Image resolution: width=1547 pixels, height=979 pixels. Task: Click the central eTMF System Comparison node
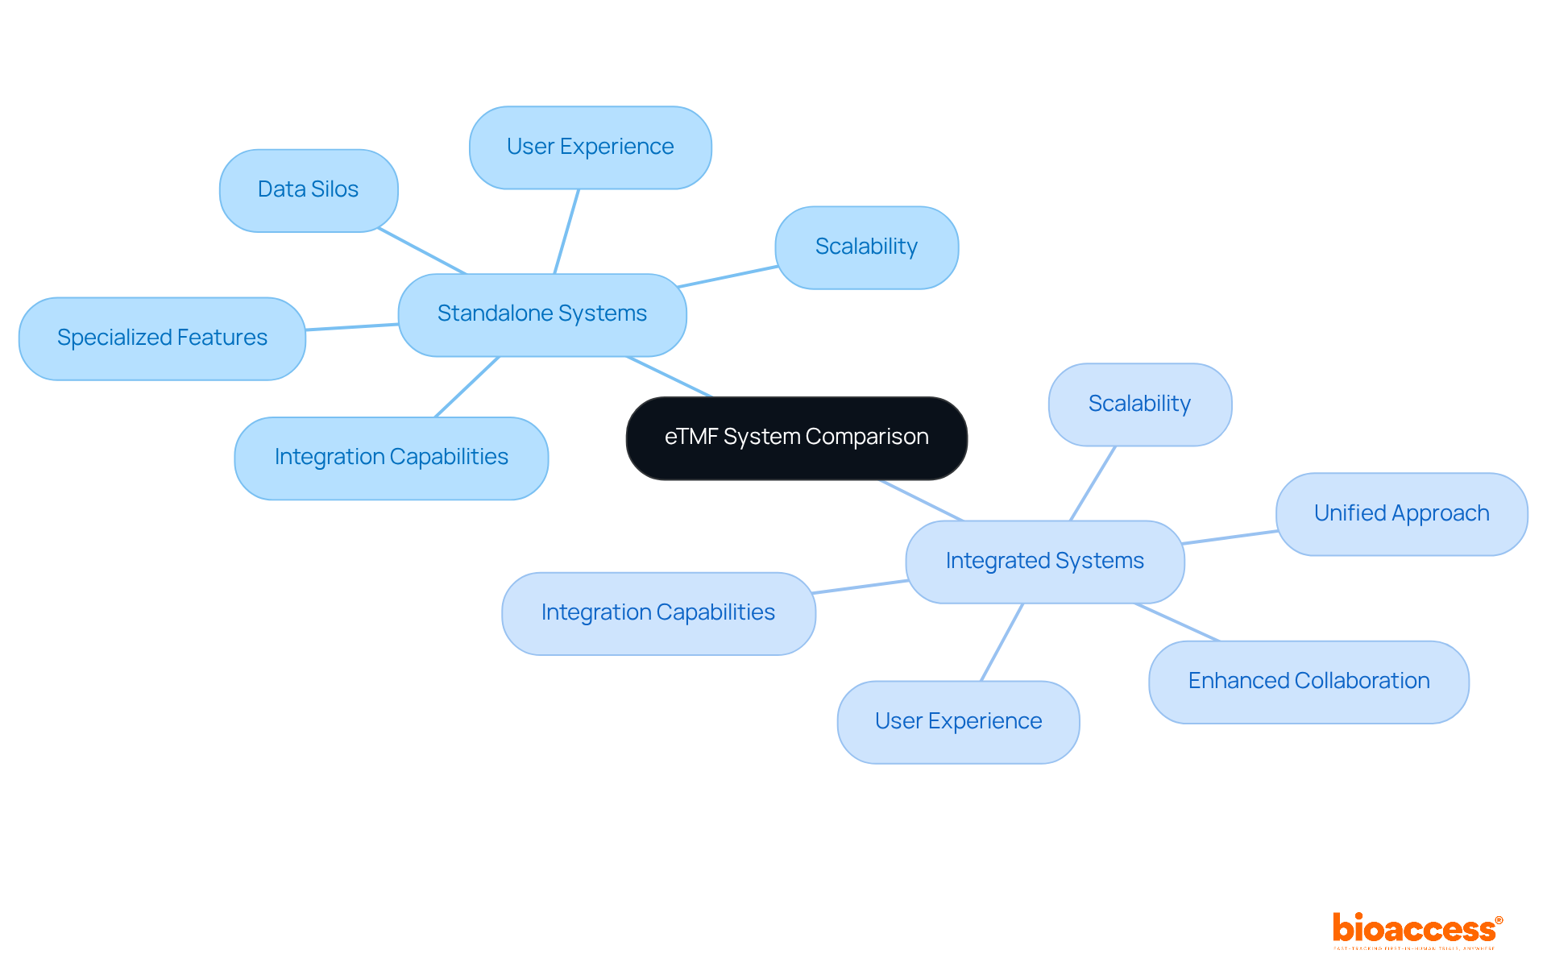pyautogui.click(x=796, y=438)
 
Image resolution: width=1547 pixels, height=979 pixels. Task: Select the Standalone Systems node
pyautogui.click(x=541, y=314)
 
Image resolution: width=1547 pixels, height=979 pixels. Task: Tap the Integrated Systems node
pyautogui.click(x=1044, y=562)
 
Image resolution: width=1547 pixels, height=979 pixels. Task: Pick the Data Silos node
pyautogui.click(x=308, y=190)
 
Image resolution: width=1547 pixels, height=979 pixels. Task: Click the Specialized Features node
pyautogui.click(x=162, y=338)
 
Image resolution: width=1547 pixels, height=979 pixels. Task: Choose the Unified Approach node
pyautogui.click(x=1401, y=514)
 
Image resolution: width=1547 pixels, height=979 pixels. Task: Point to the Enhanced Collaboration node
pyautogui.click(x=1309, y=682)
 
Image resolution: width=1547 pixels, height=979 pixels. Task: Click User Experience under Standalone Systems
pyautogui.click(x=590, y=147)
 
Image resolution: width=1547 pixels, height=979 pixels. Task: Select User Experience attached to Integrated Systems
pyautogui.click(x=958, y=722)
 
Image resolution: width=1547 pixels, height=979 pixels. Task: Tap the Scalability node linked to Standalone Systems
pyautogui.click(x=866, y=247)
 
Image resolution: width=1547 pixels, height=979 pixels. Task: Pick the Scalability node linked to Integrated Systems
pyautogui.click(x=1139, y=404)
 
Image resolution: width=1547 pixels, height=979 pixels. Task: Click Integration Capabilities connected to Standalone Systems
pyautogui.click(x=391, y=458)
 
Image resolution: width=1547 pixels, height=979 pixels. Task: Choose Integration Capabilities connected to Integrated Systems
pyautogui.click(x=657, y=613)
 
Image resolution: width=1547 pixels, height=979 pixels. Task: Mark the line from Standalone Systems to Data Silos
pyautogui.click(x=422, y=251)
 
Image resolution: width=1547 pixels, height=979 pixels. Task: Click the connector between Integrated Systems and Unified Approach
pyautogui.click(x=1230, y=537)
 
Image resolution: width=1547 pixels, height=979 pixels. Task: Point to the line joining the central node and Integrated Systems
pyautogui.click(x=922, y=500)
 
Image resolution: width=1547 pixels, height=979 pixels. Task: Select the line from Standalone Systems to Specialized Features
pyautogui.click(x=352, y=326)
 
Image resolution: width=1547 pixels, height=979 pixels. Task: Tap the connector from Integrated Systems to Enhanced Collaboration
pyautogui.click(x=1177, y=622)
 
